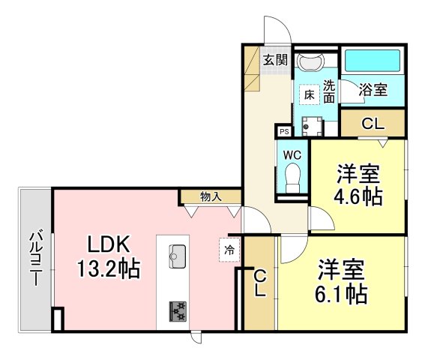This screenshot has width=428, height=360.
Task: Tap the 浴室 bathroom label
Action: pos(373,89)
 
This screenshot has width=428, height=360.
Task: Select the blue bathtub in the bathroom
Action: pos(372,60)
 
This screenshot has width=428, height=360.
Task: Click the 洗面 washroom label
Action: pos(328,90)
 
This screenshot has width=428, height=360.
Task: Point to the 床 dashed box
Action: pos(308,94)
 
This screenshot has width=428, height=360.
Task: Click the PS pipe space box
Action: pos(283,131)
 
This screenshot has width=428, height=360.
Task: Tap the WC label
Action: pos(292,154)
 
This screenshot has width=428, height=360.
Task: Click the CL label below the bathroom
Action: pos(373,124)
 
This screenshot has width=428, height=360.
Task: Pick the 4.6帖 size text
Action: pos(358,197)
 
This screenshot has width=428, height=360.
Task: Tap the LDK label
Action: pos(110,244)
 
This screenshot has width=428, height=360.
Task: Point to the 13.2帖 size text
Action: pos(110,268)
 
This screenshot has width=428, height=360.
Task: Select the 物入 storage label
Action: pos(211,196)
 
